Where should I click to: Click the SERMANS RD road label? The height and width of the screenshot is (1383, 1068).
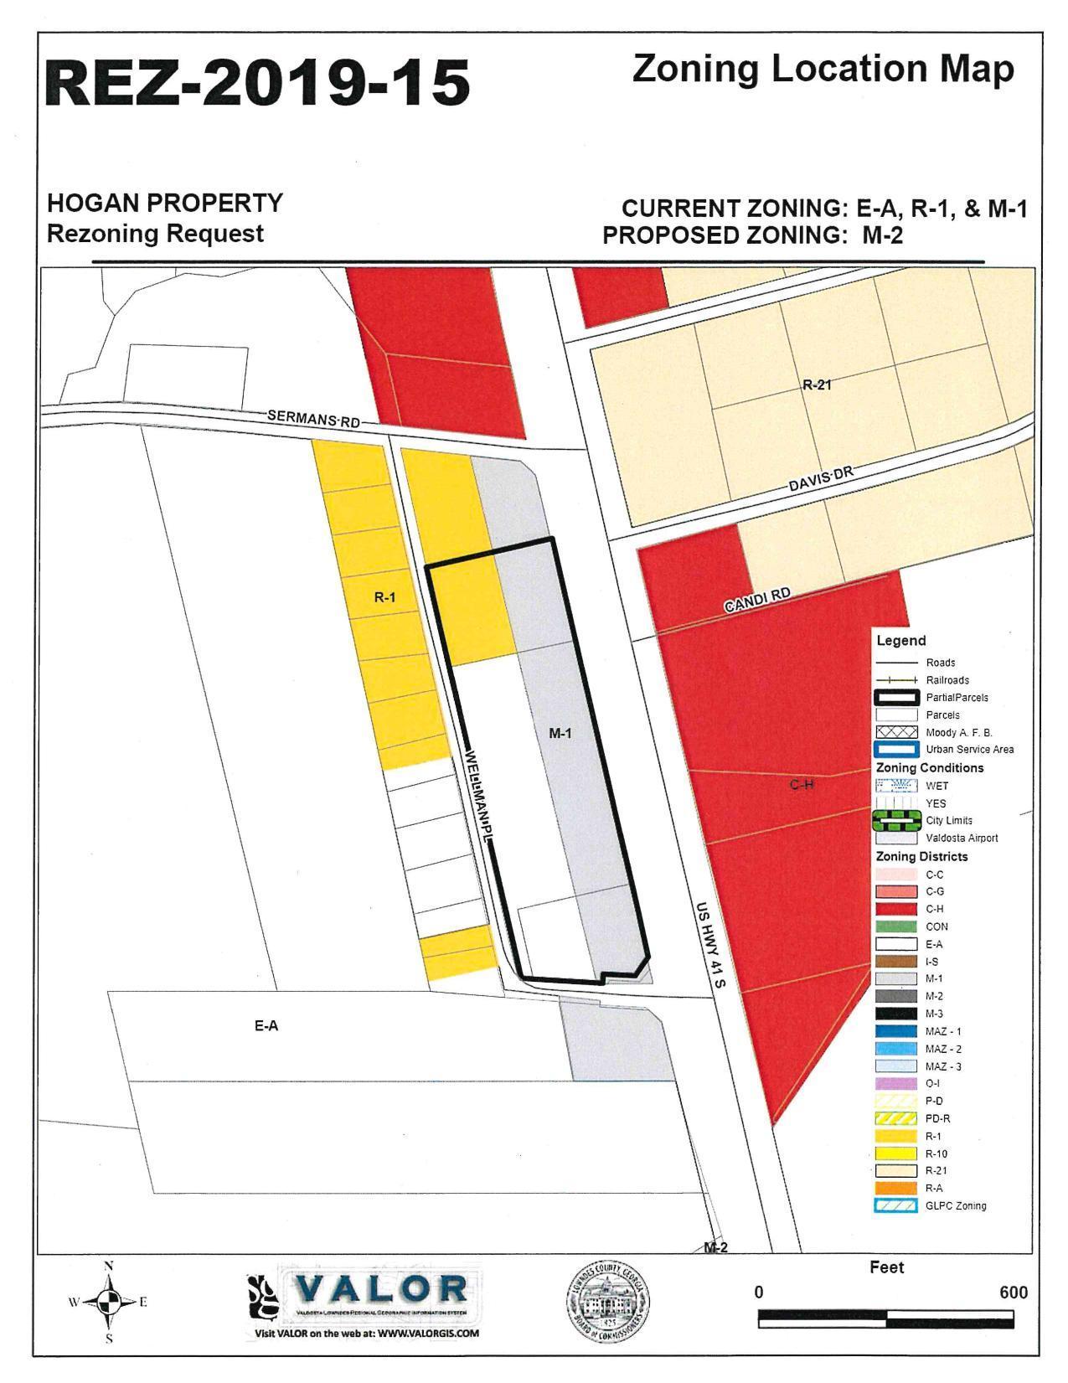(313, 418)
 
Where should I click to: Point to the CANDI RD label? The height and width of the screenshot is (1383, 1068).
(757, 601)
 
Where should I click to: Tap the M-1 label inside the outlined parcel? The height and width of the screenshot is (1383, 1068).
(560, 733)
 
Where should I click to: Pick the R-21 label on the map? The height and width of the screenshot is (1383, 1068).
(817, 385)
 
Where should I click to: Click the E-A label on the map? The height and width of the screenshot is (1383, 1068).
(266, 1025)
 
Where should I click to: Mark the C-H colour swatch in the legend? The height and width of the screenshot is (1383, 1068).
(895, 909)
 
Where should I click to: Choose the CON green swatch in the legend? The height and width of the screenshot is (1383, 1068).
(895, 926)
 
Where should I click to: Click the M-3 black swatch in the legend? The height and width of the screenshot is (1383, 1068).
(895, 1014)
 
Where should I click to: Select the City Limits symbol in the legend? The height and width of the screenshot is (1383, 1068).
(895, 821)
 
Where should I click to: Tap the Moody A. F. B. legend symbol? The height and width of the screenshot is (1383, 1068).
(895, 732)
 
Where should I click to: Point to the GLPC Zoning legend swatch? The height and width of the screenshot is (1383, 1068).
(895, 1206)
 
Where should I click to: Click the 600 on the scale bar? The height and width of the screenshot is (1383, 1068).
(1013, 1293)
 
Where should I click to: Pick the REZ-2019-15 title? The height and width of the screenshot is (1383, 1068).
(258, 84)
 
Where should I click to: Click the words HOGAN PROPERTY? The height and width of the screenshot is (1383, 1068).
(165, 204)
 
